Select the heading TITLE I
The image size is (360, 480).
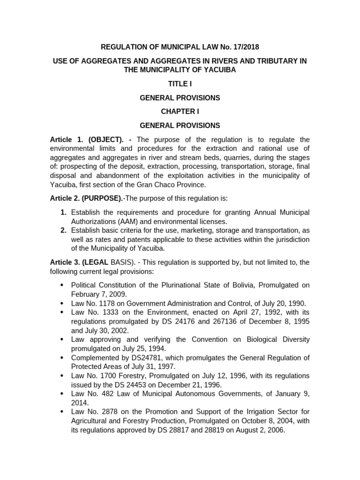coord(180,84)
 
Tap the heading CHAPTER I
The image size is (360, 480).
coord(180,112)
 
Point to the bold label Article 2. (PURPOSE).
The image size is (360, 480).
coord(87,198)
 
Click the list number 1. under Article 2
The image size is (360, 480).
coord(63,212)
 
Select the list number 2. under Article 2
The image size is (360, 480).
coord(63,230)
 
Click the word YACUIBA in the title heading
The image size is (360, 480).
coord(220,70)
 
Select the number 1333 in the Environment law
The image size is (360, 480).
coord(107,312)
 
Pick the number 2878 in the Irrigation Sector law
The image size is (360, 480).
coord(107,412)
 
